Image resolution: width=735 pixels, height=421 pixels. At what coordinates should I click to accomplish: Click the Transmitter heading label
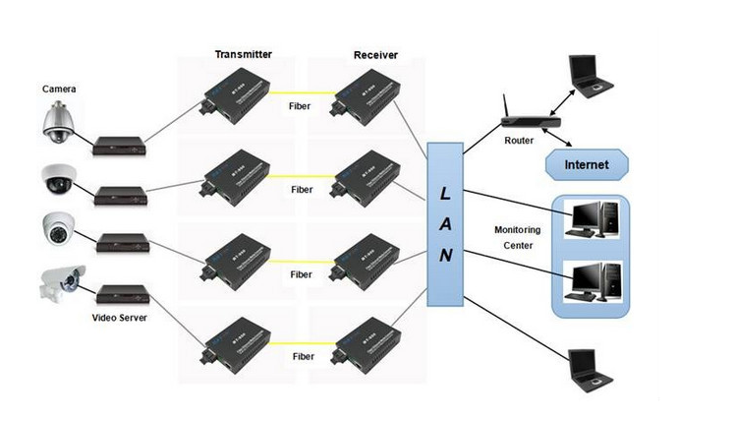coord(243,53)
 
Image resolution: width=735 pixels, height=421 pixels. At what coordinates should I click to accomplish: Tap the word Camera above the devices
coord(59,89)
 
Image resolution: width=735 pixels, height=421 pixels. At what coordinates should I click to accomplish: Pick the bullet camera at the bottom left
coord(56,284)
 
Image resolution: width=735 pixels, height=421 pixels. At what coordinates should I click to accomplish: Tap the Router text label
coord(519,140)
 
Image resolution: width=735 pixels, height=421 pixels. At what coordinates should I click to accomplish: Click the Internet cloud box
coord(586,164)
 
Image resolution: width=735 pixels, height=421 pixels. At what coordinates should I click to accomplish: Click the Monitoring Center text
coord(518,237)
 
